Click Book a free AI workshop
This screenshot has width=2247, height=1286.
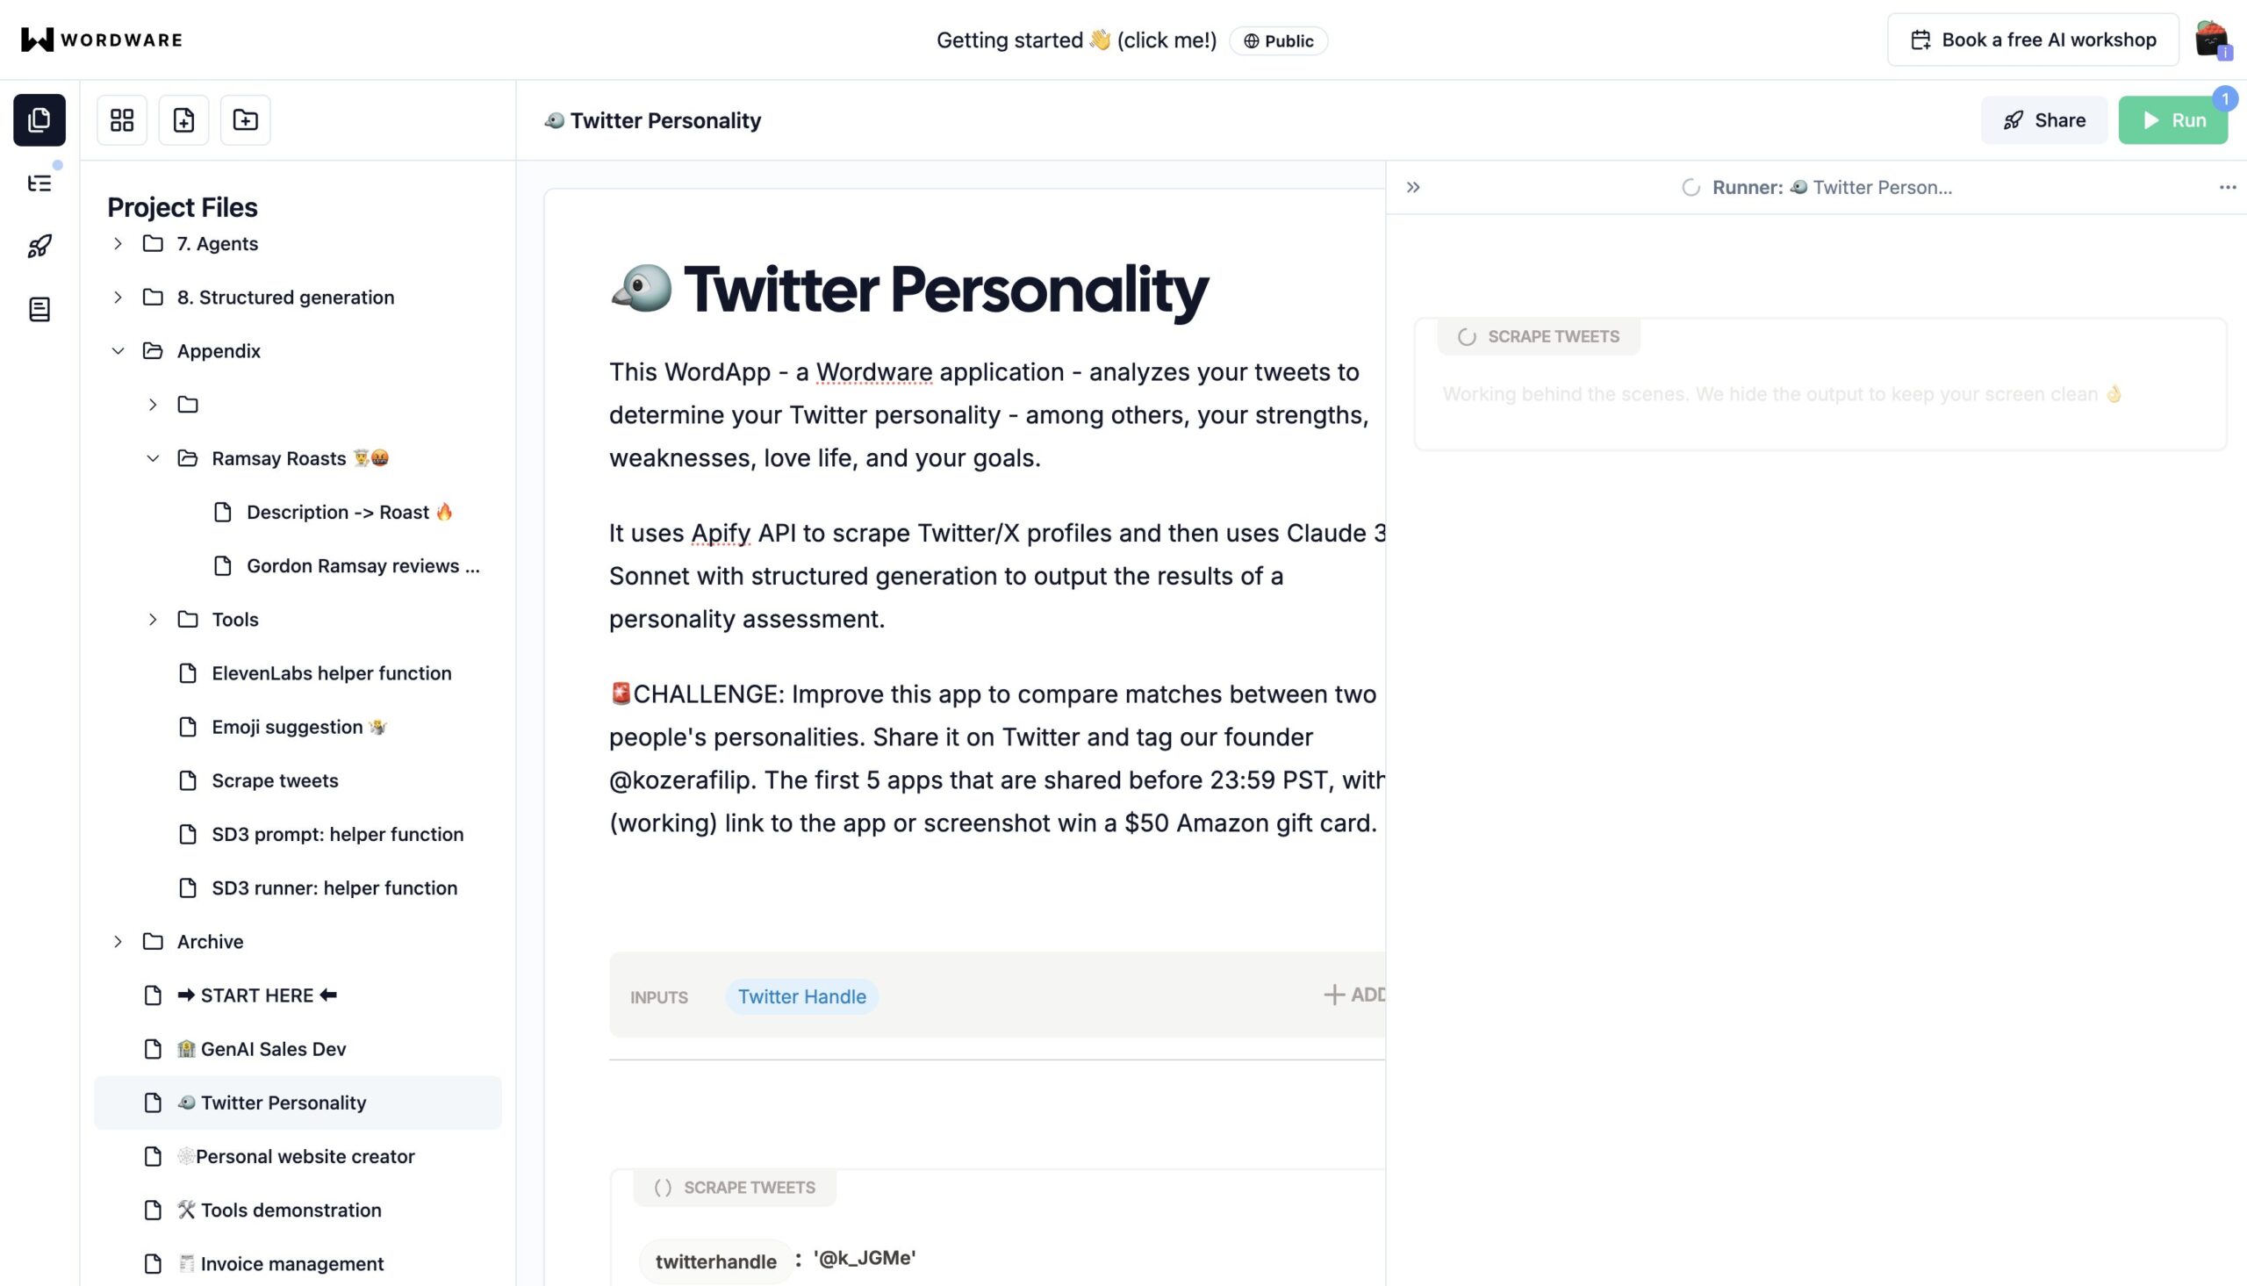tap(2033, 40)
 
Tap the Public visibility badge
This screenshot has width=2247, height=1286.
tap(1279, 40)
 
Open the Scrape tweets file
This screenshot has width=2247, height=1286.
tap(275, 780)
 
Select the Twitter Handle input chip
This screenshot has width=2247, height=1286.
tap(801, 996)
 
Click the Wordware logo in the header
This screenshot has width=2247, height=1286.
tap(102, 40)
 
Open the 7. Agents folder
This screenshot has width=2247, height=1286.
tap(217, 244)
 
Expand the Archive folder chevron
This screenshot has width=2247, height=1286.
tap(118, 942)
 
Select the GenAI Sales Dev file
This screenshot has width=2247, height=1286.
tap(272, 1049)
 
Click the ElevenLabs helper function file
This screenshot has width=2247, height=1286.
tap(331, 673)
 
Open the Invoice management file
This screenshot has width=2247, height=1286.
tap(291, 1264)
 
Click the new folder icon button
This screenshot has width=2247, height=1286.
tap(246, 120)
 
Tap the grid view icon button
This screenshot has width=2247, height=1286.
tap(122, 120)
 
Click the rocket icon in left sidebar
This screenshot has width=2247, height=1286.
tap(39, 247)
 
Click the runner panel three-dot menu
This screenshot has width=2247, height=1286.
tap(2227, 187)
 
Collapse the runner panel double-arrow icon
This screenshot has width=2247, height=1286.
tap(1413, 187)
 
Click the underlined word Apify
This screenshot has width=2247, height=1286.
tap(721, 534)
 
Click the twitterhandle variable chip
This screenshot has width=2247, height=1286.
tap(715, 1261)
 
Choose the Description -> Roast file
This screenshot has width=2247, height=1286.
tap(348, 513)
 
